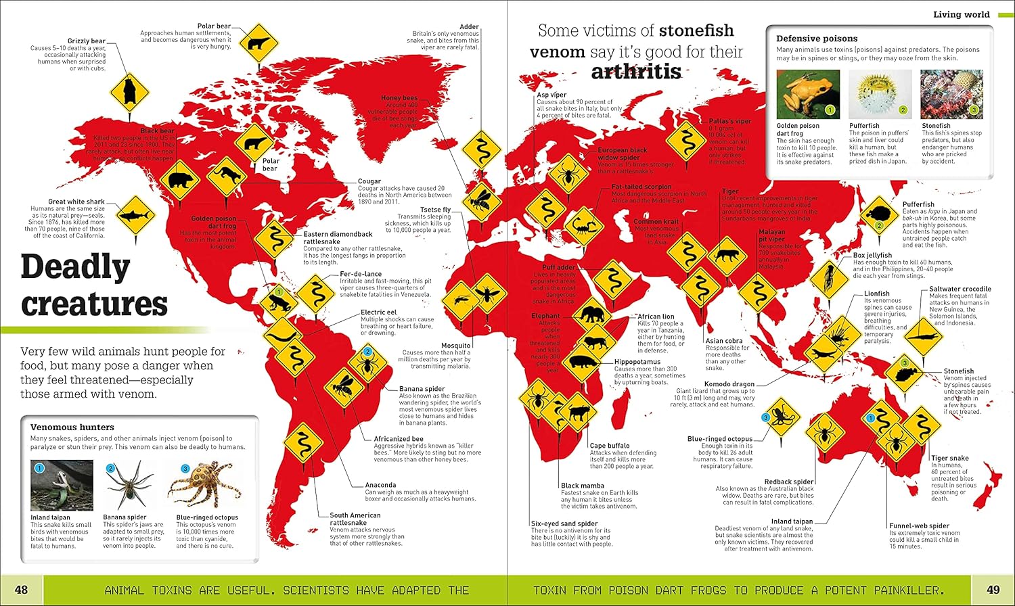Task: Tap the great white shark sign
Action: [135, 216]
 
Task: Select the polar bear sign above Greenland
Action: [258, 43]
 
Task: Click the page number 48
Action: [21, 590]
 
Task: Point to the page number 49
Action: [993, 590]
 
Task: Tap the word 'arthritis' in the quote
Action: [636, 72]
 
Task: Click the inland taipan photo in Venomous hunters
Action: [62, 485]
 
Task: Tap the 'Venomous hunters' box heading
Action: [72, 427]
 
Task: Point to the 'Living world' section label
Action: [961, 14]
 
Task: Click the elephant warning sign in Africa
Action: [591, 314]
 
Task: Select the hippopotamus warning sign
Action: [582, 363]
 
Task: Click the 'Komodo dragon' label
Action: [729, 384]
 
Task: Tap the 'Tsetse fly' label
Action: [435, 210]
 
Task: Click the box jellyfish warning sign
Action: [828, 277]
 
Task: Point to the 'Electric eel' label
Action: [379, 312]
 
